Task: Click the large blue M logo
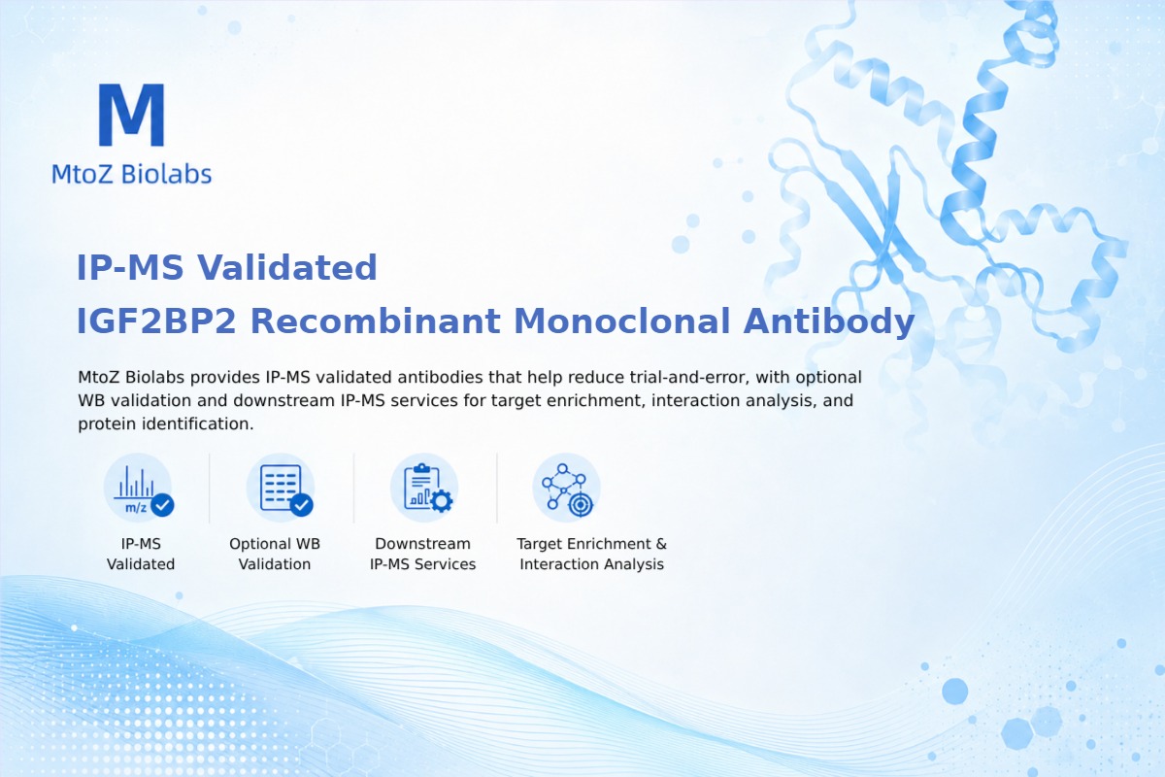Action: coord(132,115)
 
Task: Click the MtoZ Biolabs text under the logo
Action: coord(132,174)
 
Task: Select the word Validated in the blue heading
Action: coord(286,267)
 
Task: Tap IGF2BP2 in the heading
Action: coord(156,321)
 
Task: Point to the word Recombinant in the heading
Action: coord(376,321)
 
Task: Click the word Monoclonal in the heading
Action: coord(622,321)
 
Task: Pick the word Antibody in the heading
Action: coord(829,322)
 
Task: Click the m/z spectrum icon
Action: coord(138,488)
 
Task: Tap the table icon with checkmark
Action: coord(281,488)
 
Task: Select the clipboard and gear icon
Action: coord(424,488)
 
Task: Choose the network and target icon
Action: coord(567,488)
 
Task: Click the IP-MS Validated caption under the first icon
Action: coord(141,554)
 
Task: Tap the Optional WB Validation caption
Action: coord(275,554)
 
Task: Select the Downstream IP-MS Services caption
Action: coord(422,554)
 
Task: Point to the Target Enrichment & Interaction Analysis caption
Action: coord(592,554)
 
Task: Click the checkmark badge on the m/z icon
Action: coord(162,505)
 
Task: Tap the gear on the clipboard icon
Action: coord(442,501)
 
